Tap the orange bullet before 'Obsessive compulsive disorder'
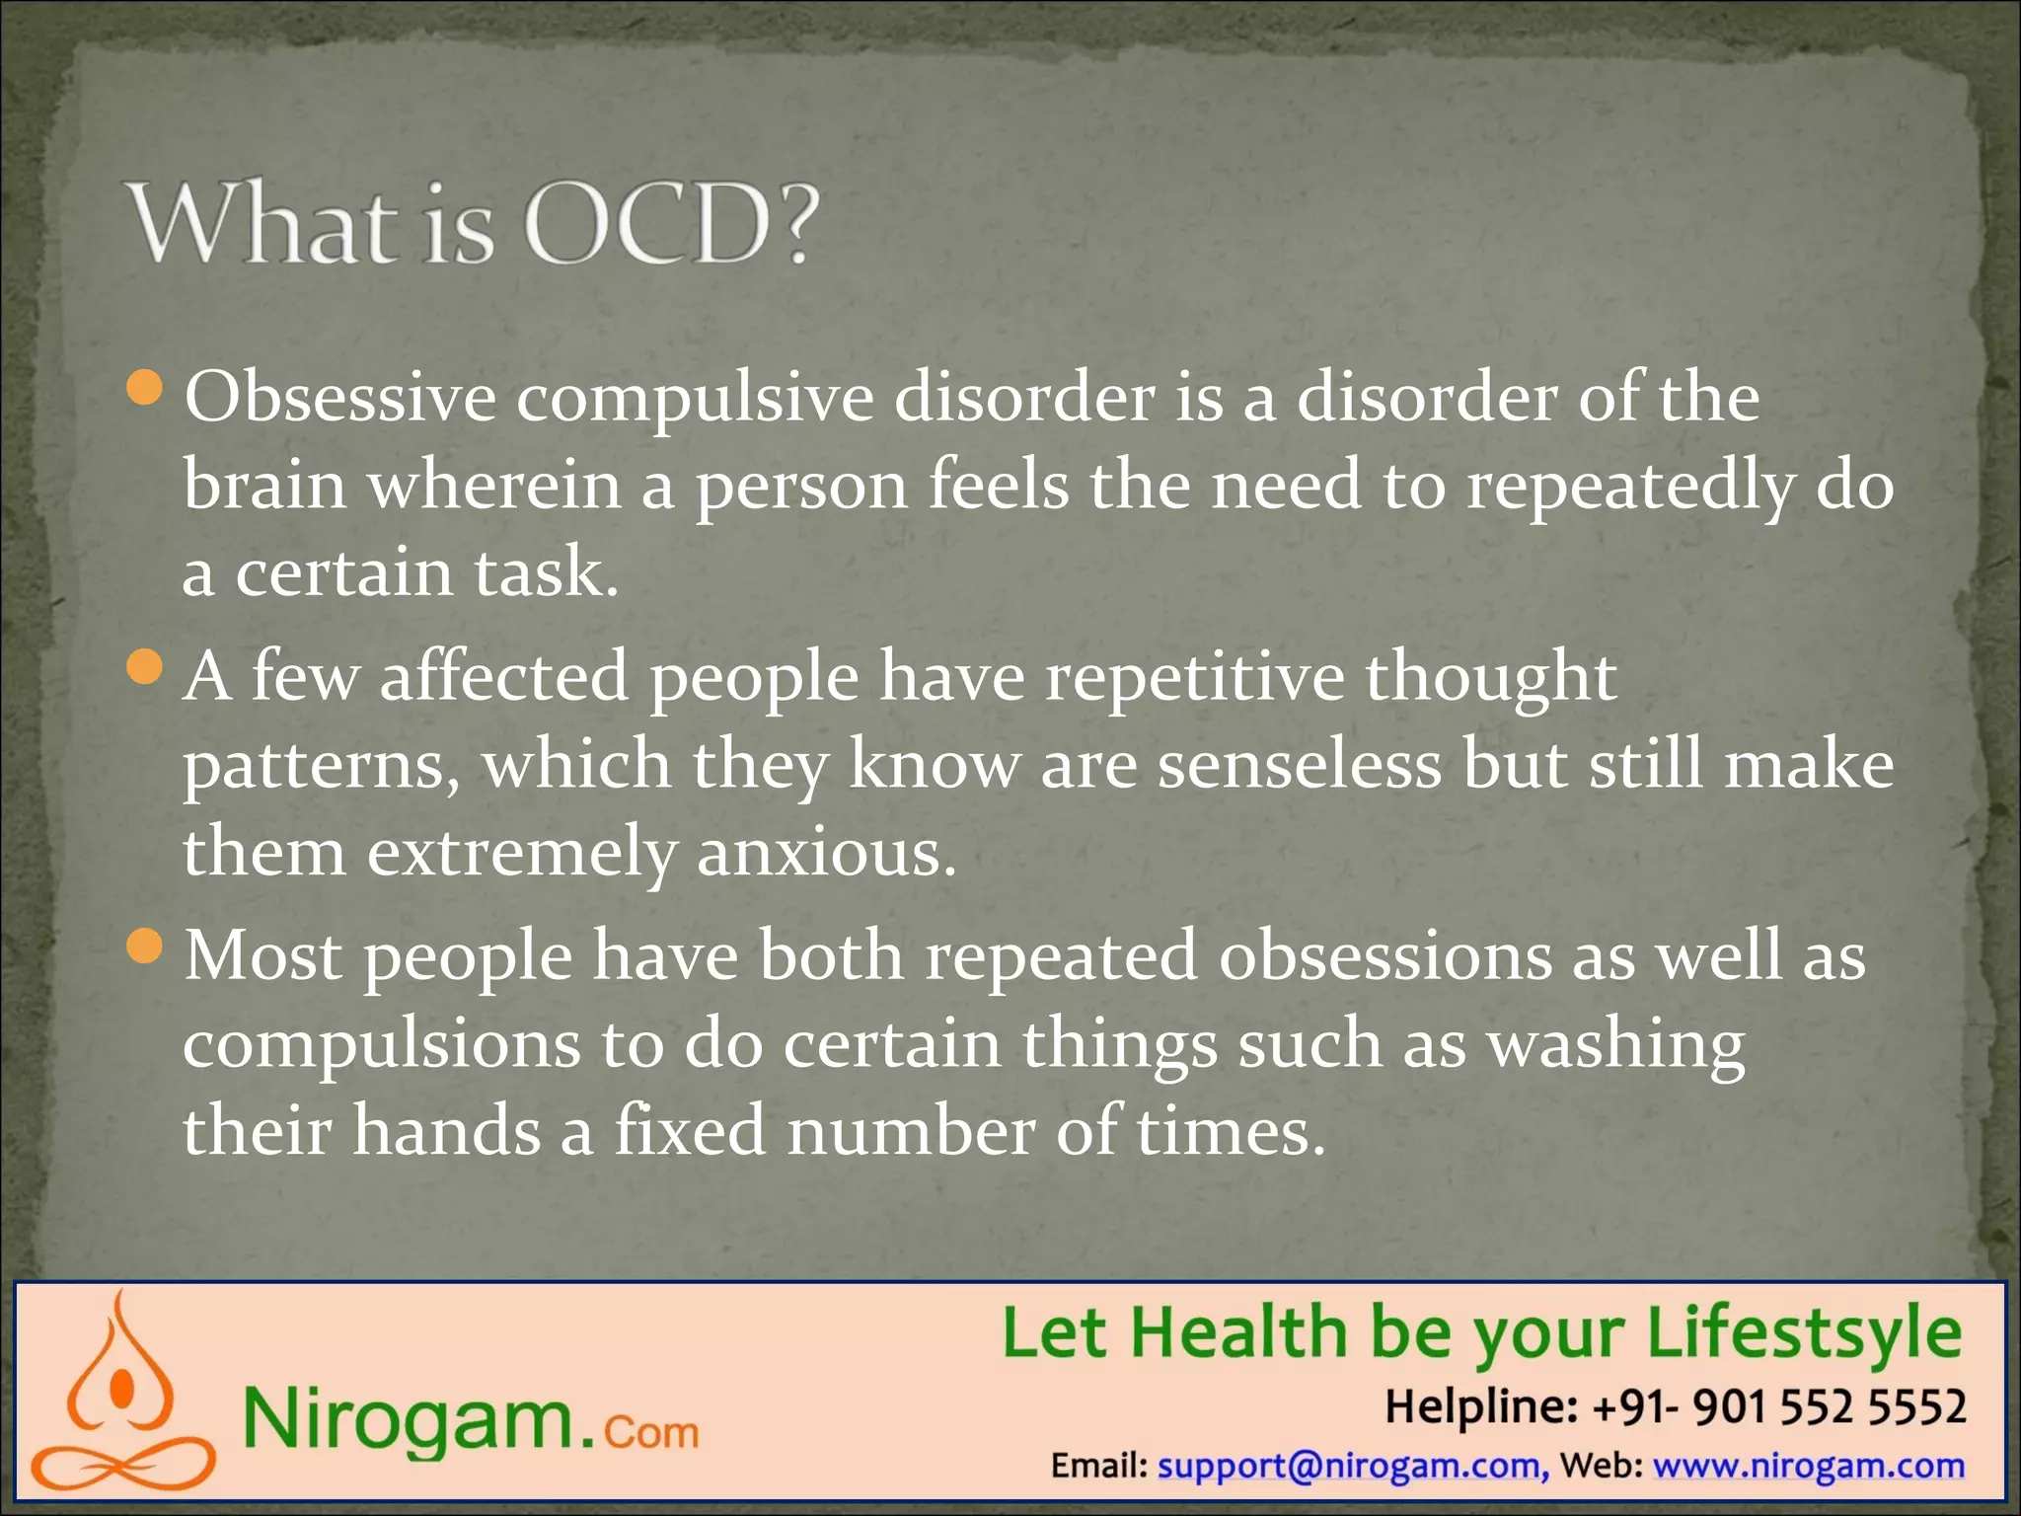(145, 387)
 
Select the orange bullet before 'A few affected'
(145, 667)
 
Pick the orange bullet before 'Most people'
(145, 947)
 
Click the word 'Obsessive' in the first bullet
(340, 398)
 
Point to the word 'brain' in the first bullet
(264, 485)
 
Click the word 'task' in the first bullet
(539, 572)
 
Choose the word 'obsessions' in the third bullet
(1385, 956)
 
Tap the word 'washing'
(1615, 1045)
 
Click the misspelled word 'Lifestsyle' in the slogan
(1803, 1334)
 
